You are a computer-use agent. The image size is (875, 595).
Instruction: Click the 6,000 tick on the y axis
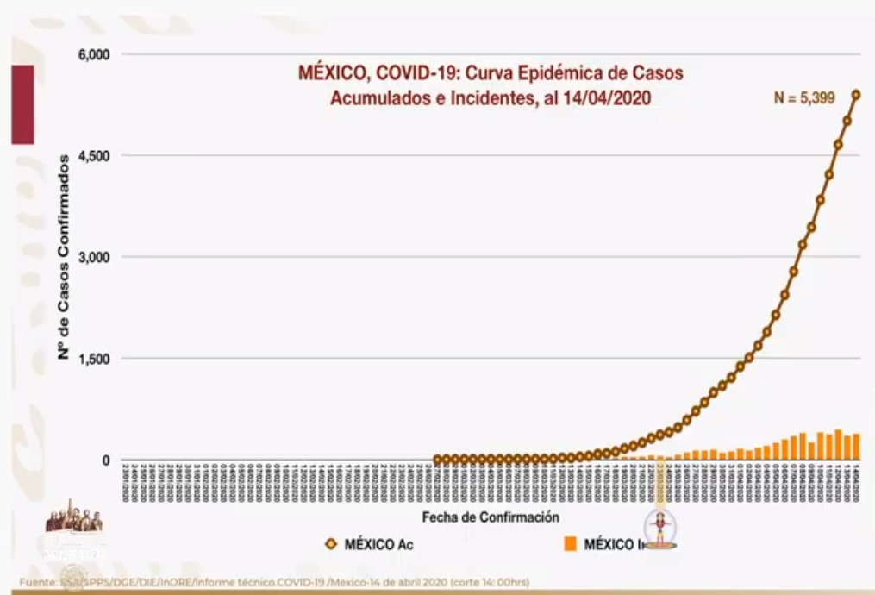tap(94, 54)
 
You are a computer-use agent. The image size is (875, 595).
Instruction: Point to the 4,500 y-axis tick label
tap(94, 156)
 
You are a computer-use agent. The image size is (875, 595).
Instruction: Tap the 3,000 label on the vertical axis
tap(94, 257)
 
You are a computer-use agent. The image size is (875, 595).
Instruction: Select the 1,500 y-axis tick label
tap(94, 359)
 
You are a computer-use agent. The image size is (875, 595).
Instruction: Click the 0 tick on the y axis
tap(106, 460)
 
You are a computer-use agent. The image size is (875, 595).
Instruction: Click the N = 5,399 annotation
tap(803, 98)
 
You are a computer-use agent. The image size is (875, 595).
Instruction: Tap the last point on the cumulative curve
tap(856, 95)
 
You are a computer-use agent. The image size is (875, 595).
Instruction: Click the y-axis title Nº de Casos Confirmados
tap(64, 258)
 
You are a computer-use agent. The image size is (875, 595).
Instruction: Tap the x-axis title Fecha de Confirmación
tap(491, 517)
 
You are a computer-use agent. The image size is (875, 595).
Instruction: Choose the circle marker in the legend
tap(330, 544)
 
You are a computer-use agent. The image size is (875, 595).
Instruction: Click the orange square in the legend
tap(570, 544)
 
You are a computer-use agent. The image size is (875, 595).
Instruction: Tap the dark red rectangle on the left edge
tap(22, 103)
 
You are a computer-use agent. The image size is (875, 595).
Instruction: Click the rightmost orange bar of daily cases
tap(856, 447)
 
